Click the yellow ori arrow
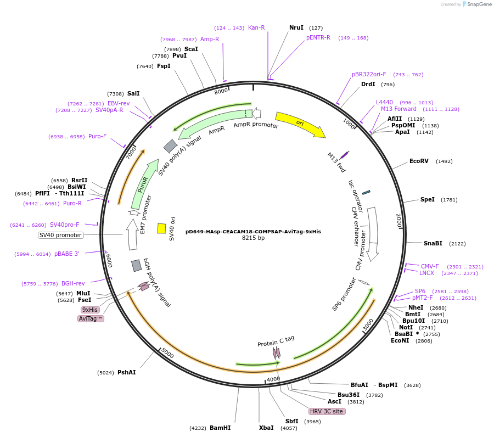pos(300,124)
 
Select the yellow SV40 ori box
pos(161,228)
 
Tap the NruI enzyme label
pos(296,27)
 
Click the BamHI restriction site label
pos(220,428)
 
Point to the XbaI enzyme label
pos(266,428)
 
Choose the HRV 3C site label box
pos(327,411)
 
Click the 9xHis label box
pos(89,310)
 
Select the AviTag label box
pos(91,318)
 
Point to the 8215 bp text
pos(253,238)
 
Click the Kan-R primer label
pos(256,27)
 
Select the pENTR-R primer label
pos(318,37)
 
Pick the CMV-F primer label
pos(430,266)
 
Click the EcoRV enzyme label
pos(419,161)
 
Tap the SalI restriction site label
pos(133,93)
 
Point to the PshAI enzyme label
pos(126,372)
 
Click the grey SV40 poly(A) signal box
pos(170,146)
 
